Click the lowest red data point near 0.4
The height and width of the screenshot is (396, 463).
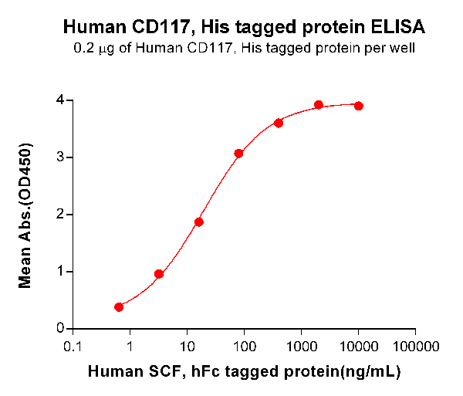119,307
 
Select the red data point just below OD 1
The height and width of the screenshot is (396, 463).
159,274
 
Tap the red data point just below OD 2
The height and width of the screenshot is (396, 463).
199,222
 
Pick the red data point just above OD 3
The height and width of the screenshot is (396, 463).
239,154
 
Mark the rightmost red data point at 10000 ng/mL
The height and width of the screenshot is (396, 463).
359,106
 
